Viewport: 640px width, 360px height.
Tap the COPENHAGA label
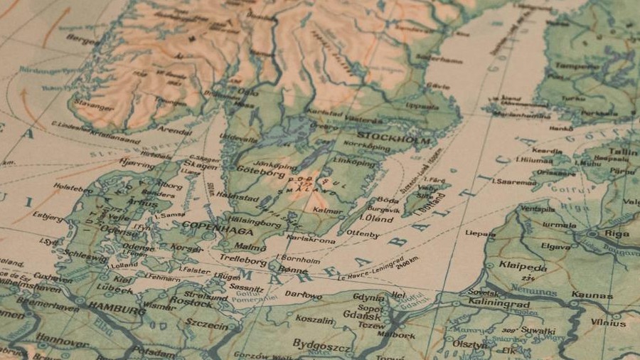[208, 226]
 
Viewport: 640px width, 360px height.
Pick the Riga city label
[616, 233]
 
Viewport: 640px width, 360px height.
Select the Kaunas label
[592, 295]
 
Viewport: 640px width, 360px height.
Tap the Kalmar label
[327, 211]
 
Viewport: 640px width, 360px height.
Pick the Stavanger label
[92, 107]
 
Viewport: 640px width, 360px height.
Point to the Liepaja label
[480, 233]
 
